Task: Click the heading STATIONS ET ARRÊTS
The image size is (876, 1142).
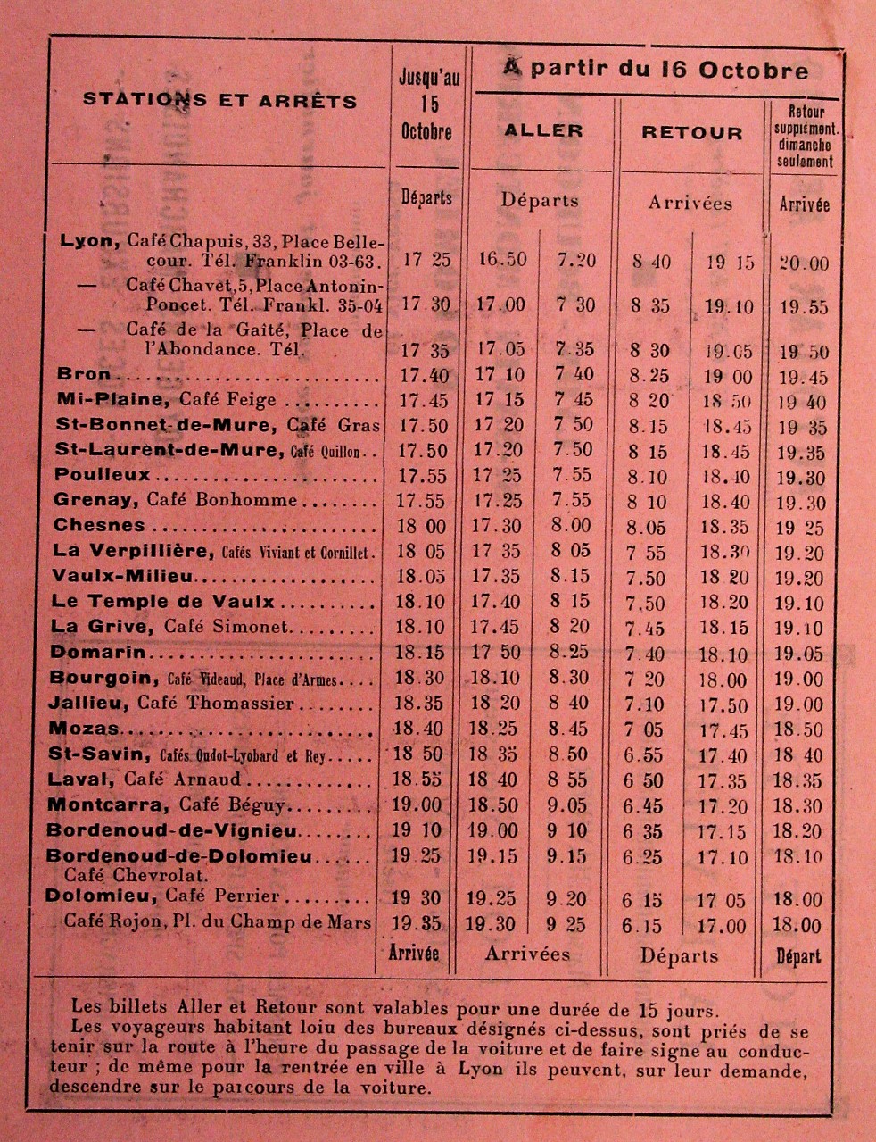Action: (219, 99)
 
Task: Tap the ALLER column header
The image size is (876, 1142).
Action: (543, 130)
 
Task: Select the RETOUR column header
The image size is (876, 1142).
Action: (691, 133)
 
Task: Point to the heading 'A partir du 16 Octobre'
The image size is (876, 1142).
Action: (656, 70)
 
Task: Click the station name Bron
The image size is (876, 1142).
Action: (84, 374)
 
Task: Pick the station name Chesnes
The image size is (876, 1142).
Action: (98, 525)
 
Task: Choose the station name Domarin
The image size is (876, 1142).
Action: (98, 653)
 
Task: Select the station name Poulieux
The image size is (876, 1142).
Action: (102, 475)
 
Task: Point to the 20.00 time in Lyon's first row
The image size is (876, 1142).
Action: (803, 263)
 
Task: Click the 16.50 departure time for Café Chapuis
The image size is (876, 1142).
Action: (502, 260)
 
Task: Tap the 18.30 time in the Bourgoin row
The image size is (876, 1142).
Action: (422, 679)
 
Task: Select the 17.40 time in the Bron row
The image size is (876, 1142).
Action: (424, 375)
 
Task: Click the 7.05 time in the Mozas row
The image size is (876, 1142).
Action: (645, 730)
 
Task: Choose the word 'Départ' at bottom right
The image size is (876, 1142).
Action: (798, 956)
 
